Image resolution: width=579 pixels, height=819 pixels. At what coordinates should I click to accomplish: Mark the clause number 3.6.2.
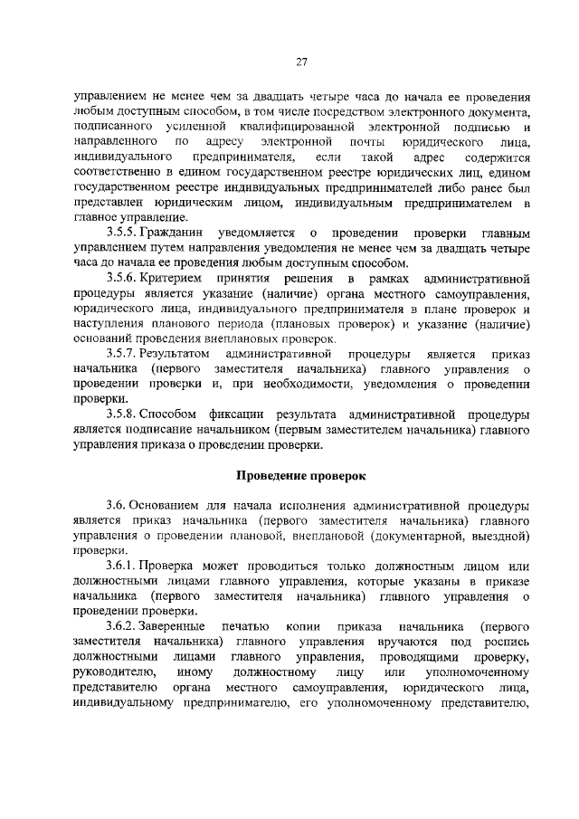pos(122,626)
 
